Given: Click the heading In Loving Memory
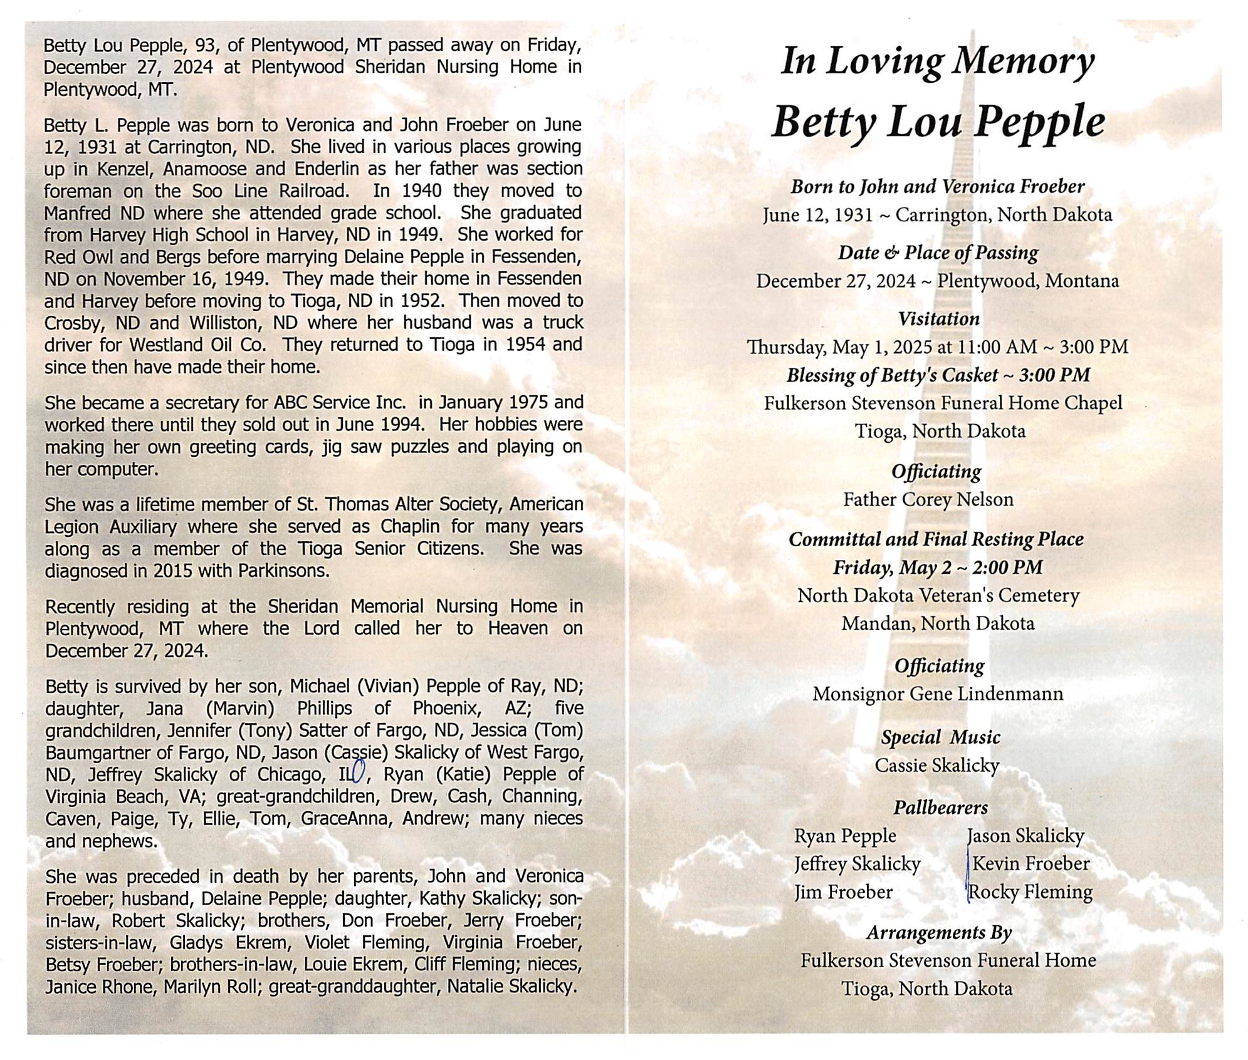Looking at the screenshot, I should click(x=937, y=63).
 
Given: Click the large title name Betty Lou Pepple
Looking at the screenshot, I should click(x=938, y=122).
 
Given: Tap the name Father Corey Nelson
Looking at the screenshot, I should click(x=928, y=499).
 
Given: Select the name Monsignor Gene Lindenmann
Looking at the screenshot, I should click(x=938, y=694).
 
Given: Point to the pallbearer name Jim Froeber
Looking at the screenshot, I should click(x=843, y=892).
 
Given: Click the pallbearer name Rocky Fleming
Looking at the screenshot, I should click(x=1031, y=892).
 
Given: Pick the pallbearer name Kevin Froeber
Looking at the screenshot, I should click(x=1031, y=864).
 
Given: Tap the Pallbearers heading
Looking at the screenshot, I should click(x=940, y=808).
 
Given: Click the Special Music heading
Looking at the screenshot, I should click(x=940, y=737).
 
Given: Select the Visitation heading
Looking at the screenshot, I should click(x=938, y=319).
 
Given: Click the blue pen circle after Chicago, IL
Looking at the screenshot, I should click(x=359, y=771).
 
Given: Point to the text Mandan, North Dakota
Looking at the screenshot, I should click(x=938, y=624).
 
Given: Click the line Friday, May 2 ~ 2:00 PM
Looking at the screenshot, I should click(x=938, y=568).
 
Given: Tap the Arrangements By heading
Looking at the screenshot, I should click(x=939, y=933).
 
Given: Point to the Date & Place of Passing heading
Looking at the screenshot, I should click(x=938, y=253).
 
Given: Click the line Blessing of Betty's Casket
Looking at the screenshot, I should click(x=938, y=375).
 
